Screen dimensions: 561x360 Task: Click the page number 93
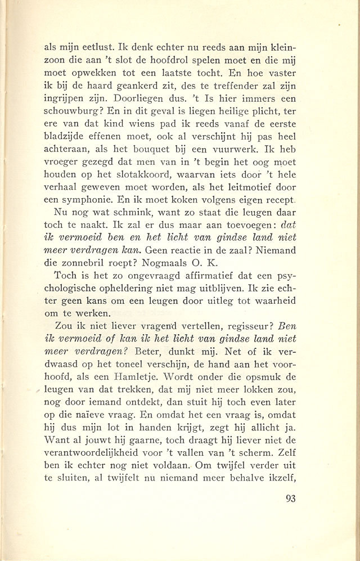(287, 498)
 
